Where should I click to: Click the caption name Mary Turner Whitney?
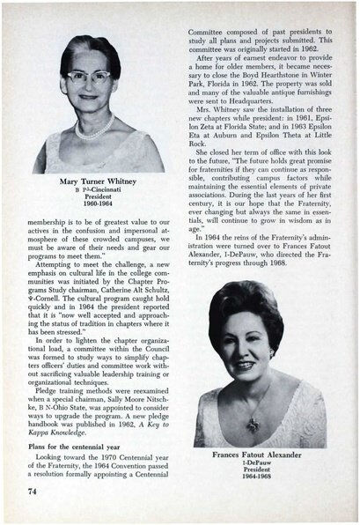point(97,183)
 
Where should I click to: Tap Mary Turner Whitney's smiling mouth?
point(93,100)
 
